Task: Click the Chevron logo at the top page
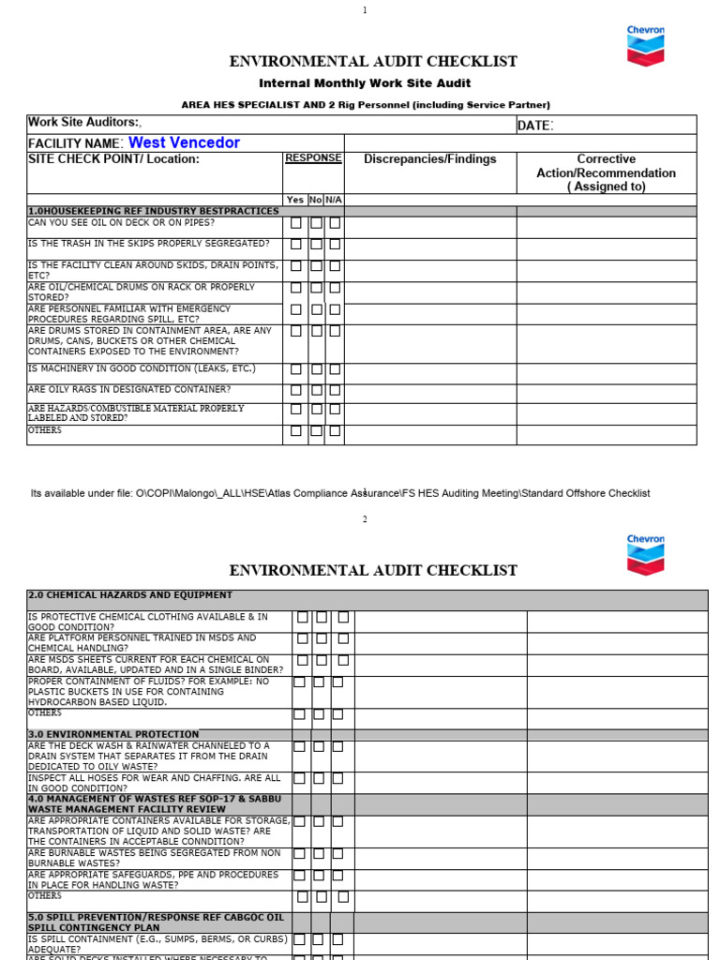[645, 46]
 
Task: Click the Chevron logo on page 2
[645, 555]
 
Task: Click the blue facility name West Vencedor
[184, 142]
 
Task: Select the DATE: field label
[535, 126]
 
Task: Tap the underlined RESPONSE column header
[313, 158]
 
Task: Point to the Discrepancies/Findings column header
[430, 159]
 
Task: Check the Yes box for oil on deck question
[296, 223]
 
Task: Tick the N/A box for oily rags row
[335, 390]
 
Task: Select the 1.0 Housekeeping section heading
[154, 212]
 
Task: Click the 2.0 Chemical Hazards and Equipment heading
[130, 595]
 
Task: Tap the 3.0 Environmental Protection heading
[113, 734]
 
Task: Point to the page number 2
[365, 519]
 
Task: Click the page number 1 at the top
[365, 10]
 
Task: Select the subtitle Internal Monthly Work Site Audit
[364, 83]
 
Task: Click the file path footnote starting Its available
[340, 493]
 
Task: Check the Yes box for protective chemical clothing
[303, 618]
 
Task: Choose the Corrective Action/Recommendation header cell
[606, 172]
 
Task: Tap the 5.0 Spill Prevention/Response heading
[155, 922]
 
